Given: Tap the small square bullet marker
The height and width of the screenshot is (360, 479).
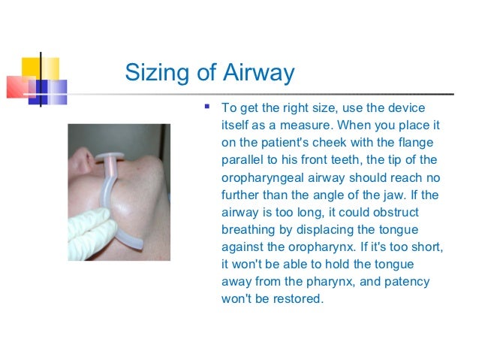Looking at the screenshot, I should [x=207, y=105].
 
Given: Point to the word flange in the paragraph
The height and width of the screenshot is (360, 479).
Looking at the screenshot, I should [x=424, y=143].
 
